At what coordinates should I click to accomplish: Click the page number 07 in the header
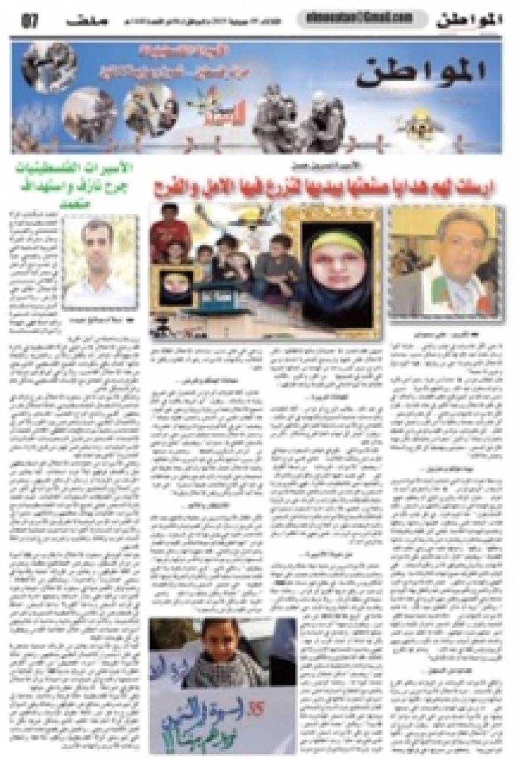pyautogui.click(x=30, y=22)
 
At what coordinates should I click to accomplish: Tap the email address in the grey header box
pyautogui.click(x=355, y=19)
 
